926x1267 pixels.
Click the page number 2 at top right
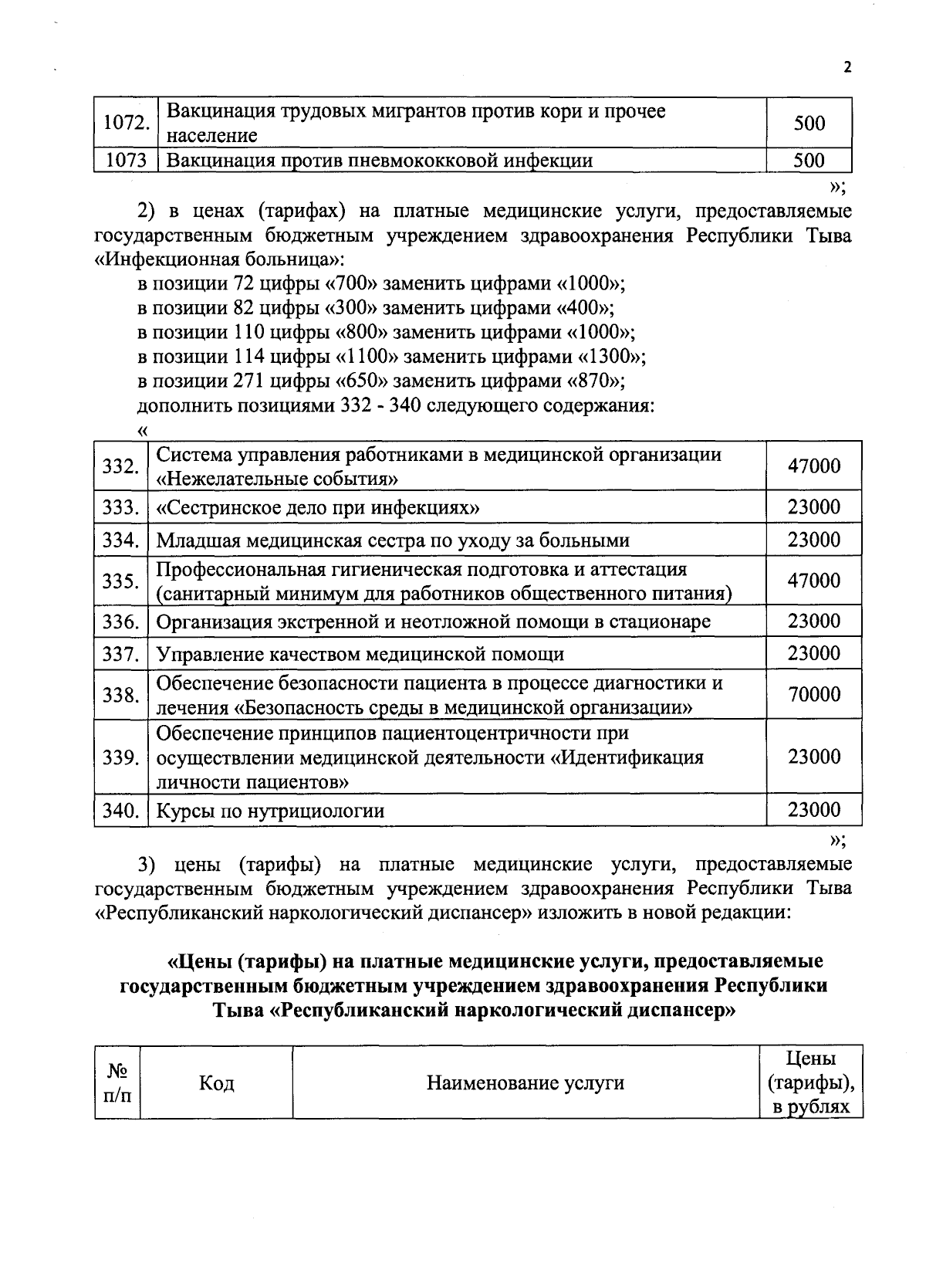tap(847, 67)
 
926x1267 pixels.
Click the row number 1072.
tap(125, 123)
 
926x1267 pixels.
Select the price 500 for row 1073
tap(809, 161)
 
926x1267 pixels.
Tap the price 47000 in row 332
tap(813, 466)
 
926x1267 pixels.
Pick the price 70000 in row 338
tap(813, 695)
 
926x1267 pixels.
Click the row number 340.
tap(121, 811)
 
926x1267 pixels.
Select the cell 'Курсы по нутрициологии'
tap(271, 811)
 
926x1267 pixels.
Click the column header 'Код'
tap(216, 1083)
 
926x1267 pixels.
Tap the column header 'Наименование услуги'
tap(526, 1083)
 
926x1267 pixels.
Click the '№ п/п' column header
tap(117, 1083)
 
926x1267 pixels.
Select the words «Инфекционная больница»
tap(219, 259)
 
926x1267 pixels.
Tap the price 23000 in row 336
tap(813, 622)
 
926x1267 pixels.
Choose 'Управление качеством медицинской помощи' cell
tap(360, 655)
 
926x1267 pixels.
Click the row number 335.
tap(121, 581)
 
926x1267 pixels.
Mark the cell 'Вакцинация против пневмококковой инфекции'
tap(380, 161)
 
